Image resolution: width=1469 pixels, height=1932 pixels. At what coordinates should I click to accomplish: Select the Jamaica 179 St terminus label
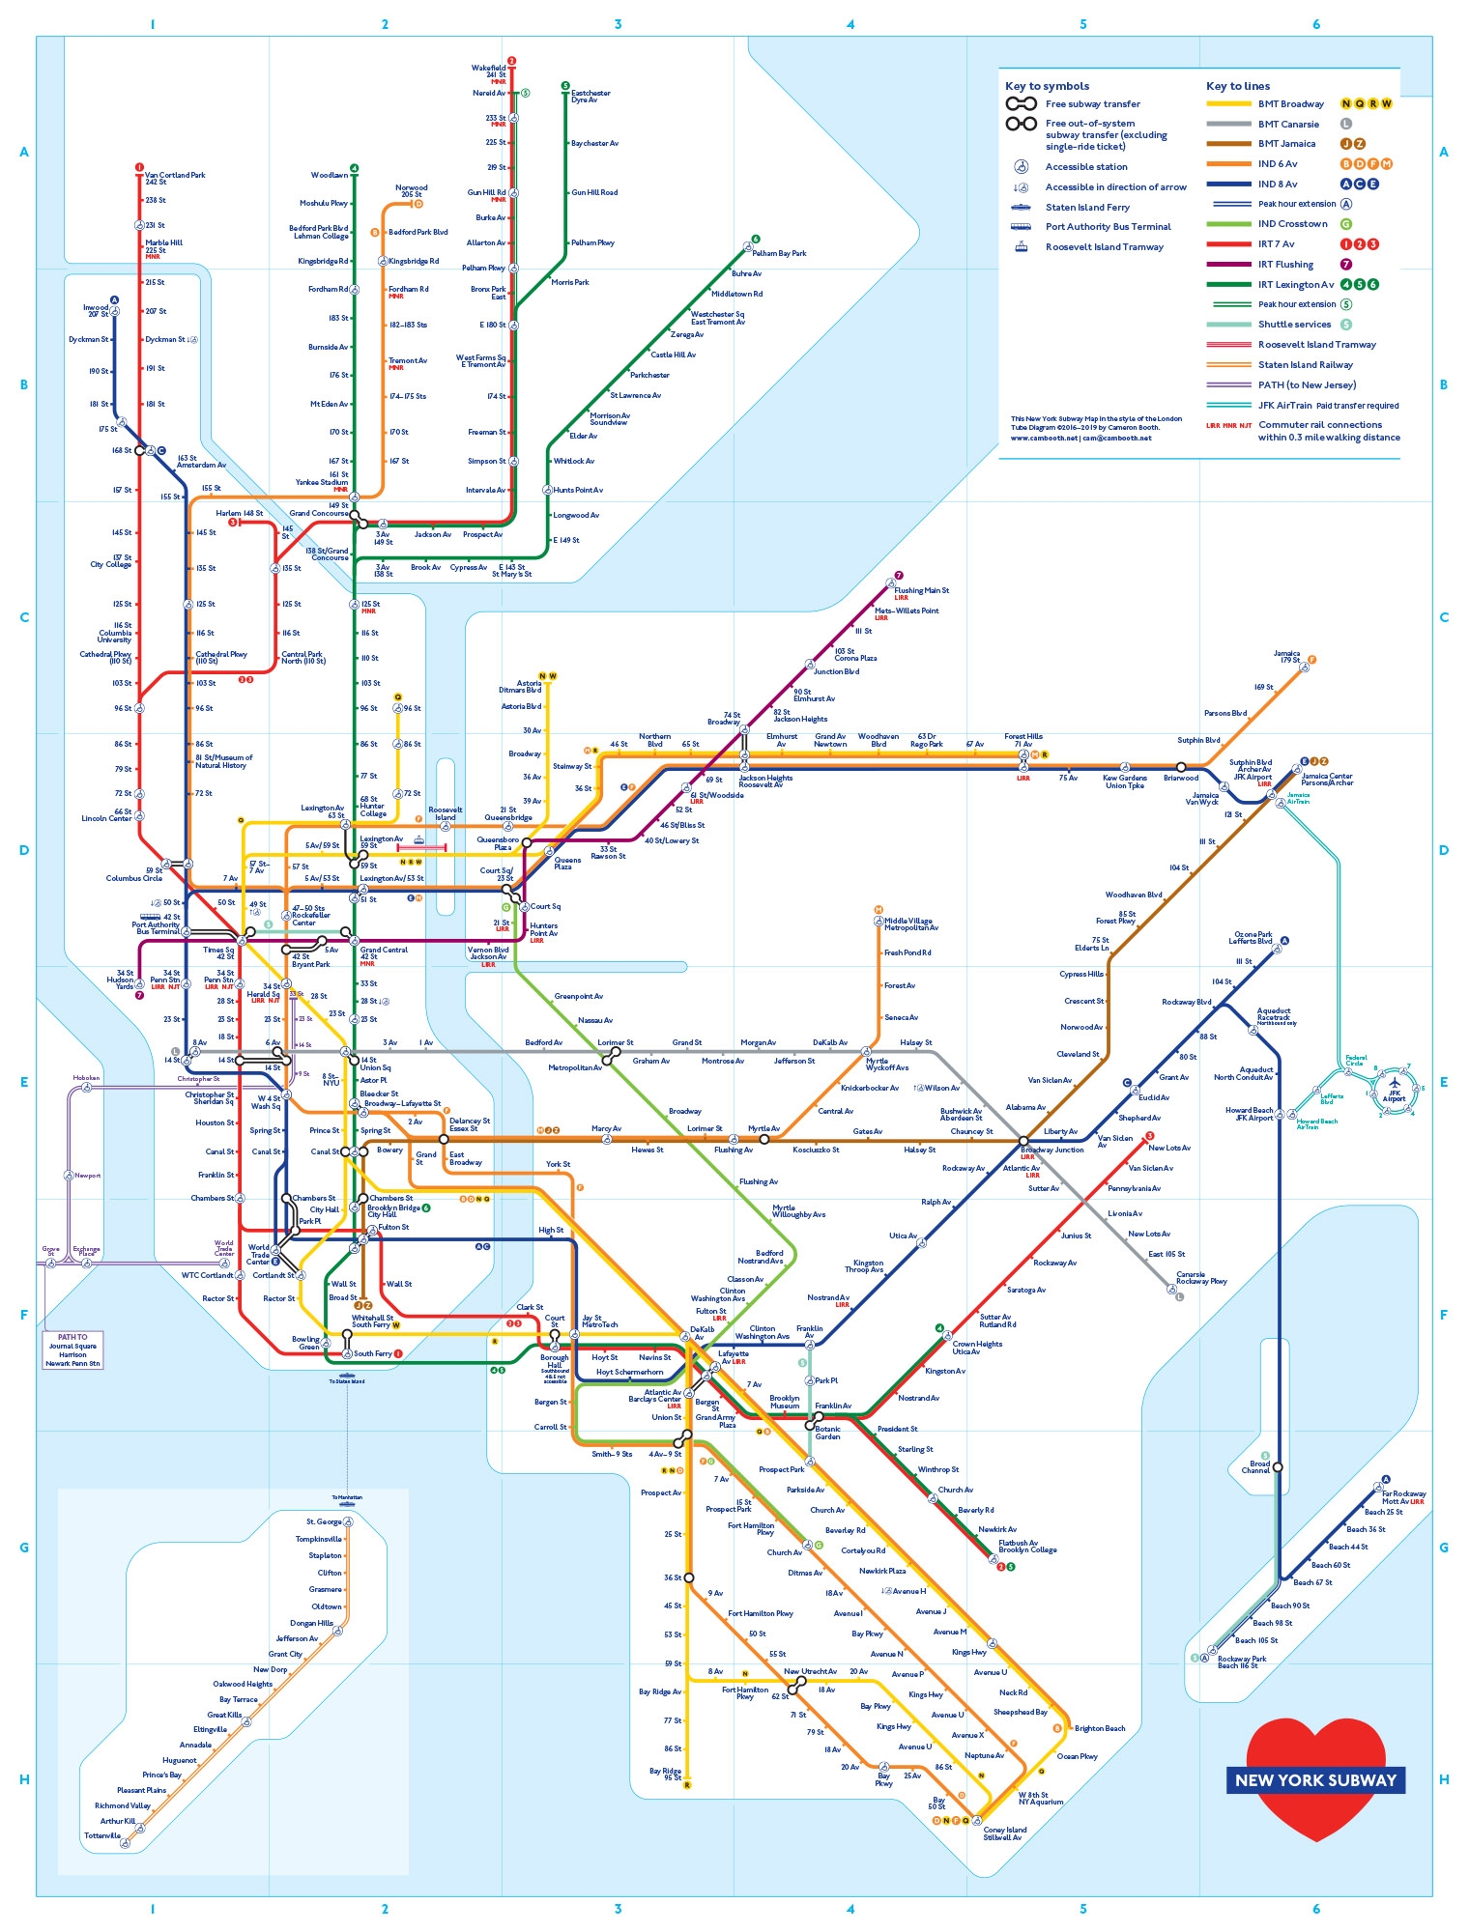pyautogui.click(x=1286, y=657)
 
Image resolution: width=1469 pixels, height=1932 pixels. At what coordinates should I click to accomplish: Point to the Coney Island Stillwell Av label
pyautogui.click(x=1005, y=1833)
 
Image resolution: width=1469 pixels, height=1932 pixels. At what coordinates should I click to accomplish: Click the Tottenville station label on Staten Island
pyautogui.click(x=102, y=1835)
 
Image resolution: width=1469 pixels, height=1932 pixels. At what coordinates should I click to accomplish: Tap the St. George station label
pyautogui.click(x=324, y=1521)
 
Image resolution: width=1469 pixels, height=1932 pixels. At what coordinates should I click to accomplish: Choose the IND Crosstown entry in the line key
pyautogui.click(x=1292, y=224)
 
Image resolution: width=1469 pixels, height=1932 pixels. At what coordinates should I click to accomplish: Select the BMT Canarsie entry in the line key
pyautogui.click(x=1288, y=124)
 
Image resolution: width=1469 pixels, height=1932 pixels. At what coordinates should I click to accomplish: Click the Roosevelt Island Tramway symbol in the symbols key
pyautogui.click(x=1021, y=247)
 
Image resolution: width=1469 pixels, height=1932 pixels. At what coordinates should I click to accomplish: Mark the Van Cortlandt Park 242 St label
pyautogui.click(x=175, y=179)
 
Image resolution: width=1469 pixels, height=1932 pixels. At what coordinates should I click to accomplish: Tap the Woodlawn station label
pyautogui.click(x=329, y=176)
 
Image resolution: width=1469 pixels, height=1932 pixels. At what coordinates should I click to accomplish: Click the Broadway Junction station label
pyautogui.click(x=1051, y=1150)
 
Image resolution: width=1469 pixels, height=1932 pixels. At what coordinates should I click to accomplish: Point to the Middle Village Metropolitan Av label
pyautogui.click(x=910, y=924)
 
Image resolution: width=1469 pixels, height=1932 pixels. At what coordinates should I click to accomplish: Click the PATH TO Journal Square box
pyautogui.click(x=72, y=1350)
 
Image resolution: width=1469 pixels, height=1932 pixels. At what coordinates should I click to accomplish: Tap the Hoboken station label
pyautogui.click(x=86, y=1078)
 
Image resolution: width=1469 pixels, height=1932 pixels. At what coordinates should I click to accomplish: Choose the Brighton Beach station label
pyautogui.click(x=1099, y=1728)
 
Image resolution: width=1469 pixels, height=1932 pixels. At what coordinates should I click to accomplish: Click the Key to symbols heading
pyautogui.click(x=1047, y=86)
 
